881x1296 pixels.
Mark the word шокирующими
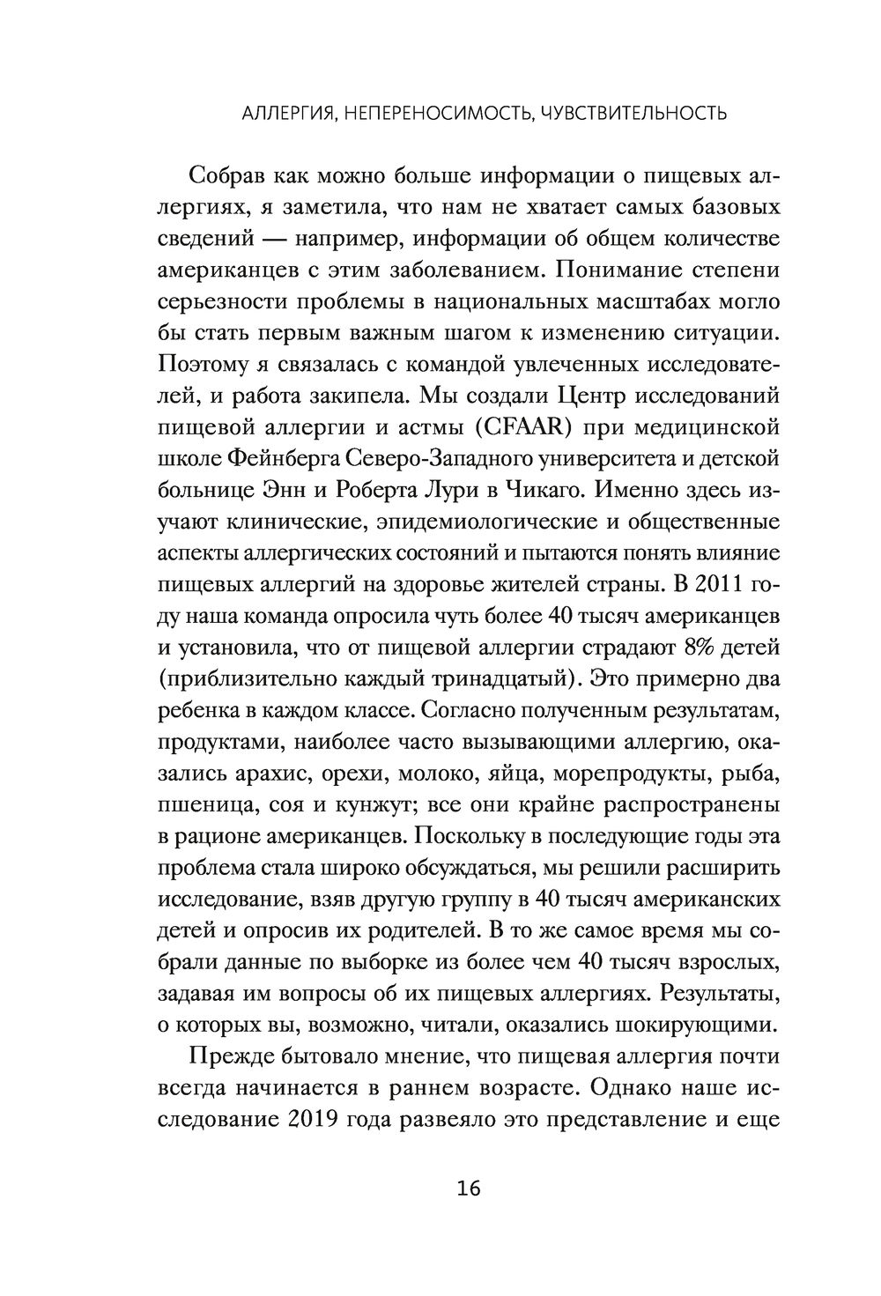tap(692, 1025)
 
